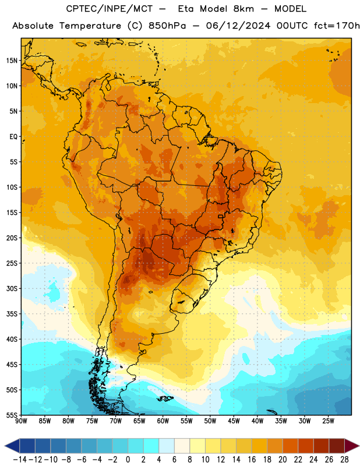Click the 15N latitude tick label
[x=12, y=61]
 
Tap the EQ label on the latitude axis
[x=13, y=137]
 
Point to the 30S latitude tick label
[x=12, y=288]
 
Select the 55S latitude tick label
[x=12, y=415]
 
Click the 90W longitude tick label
[x=21, y=421]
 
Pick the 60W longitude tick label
[x=163, y=421]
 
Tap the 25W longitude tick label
[x=328, y=421]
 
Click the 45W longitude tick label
[x=234, y=421]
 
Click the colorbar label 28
[x=344, y=460]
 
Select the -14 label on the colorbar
[x=20, y=460]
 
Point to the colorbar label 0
[x=128, y=460]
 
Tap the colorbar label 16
[x=252, y=460]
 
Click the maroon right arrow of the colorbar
[x=352, y=446]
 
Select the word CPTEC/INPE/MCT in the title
[x=109, y=9]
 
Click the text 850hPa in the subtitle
[x=167, y=26]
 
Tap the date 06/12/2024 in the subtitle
[x=238, y=26]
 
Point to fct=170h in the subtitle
[x=337, y=26]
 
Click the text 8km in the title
[x=243, y=9]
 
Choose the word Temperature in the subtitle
[x=90, y=26]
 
